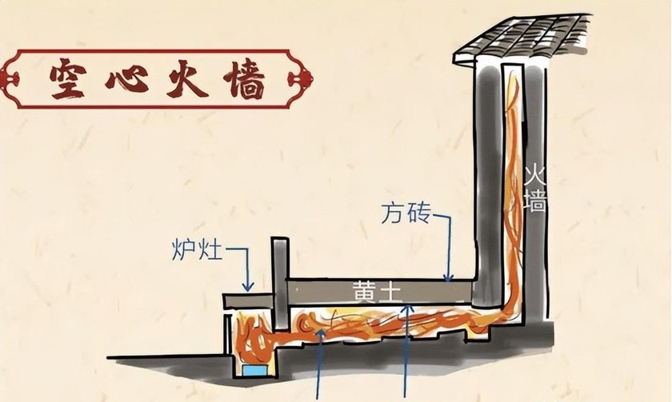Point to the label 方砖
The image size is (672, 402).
(x=406, y=214)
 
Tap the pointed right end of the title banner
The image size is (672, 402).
(x=309, y=79)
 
